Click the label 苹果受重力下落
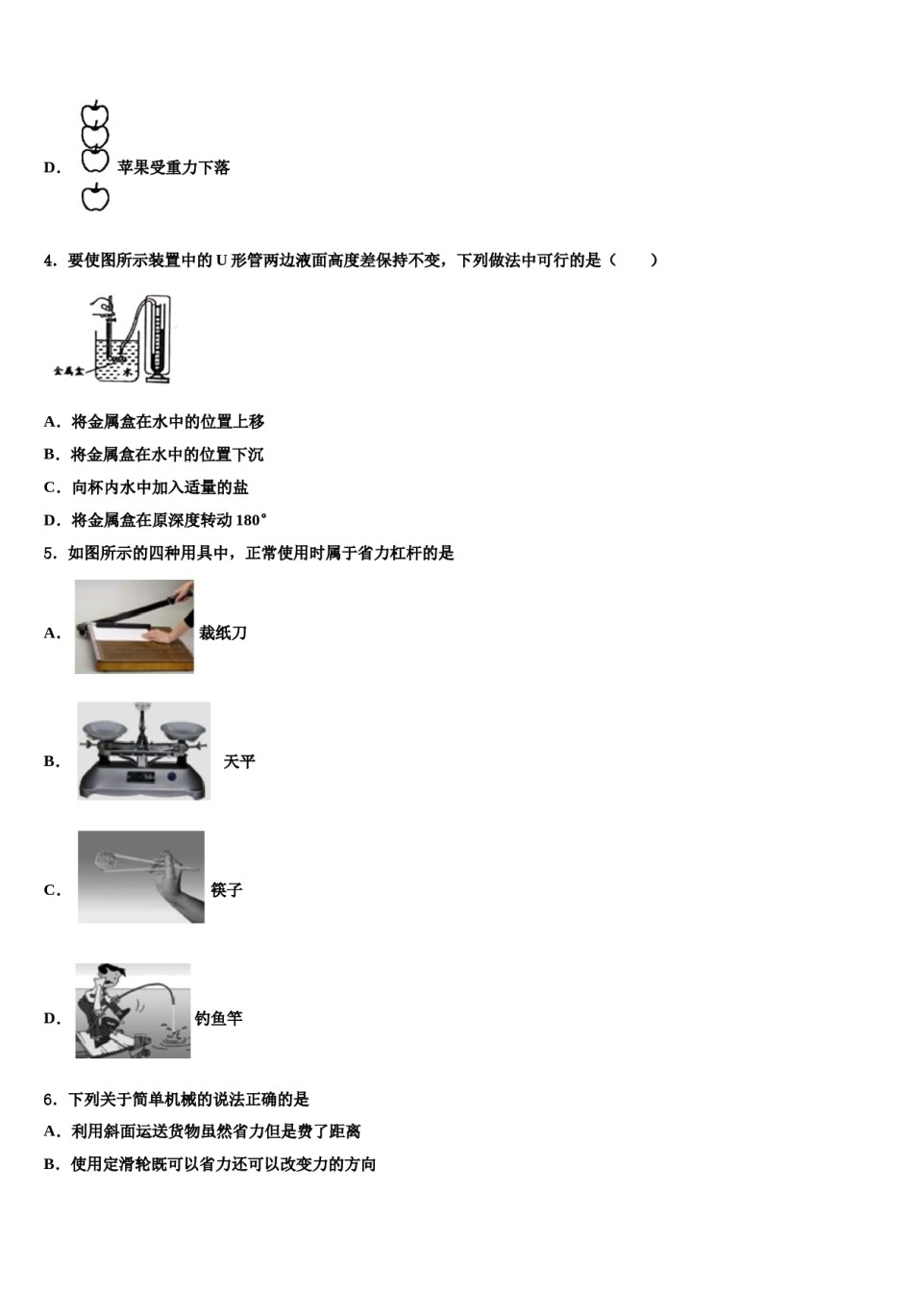173,167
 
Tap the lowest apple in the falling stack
94,198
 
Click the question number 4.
49,261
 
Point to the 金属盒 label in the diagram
68,370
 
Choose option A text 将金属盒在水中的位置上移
167,422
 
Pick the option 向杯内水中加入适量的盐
160,487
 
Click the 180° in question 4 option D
251,520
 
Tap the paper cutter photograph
135,627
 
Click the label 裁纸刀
223,633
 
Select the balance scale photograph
143,751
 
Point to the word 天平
239,761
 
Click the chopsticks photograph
141,877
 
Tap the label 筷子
227,890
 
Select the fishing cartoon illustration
133,1010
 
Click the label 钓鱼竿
218,1018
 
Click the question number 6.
49,1100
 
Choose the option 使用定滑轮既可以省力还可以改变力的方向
223,1164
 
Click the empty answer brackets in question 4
635,261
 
